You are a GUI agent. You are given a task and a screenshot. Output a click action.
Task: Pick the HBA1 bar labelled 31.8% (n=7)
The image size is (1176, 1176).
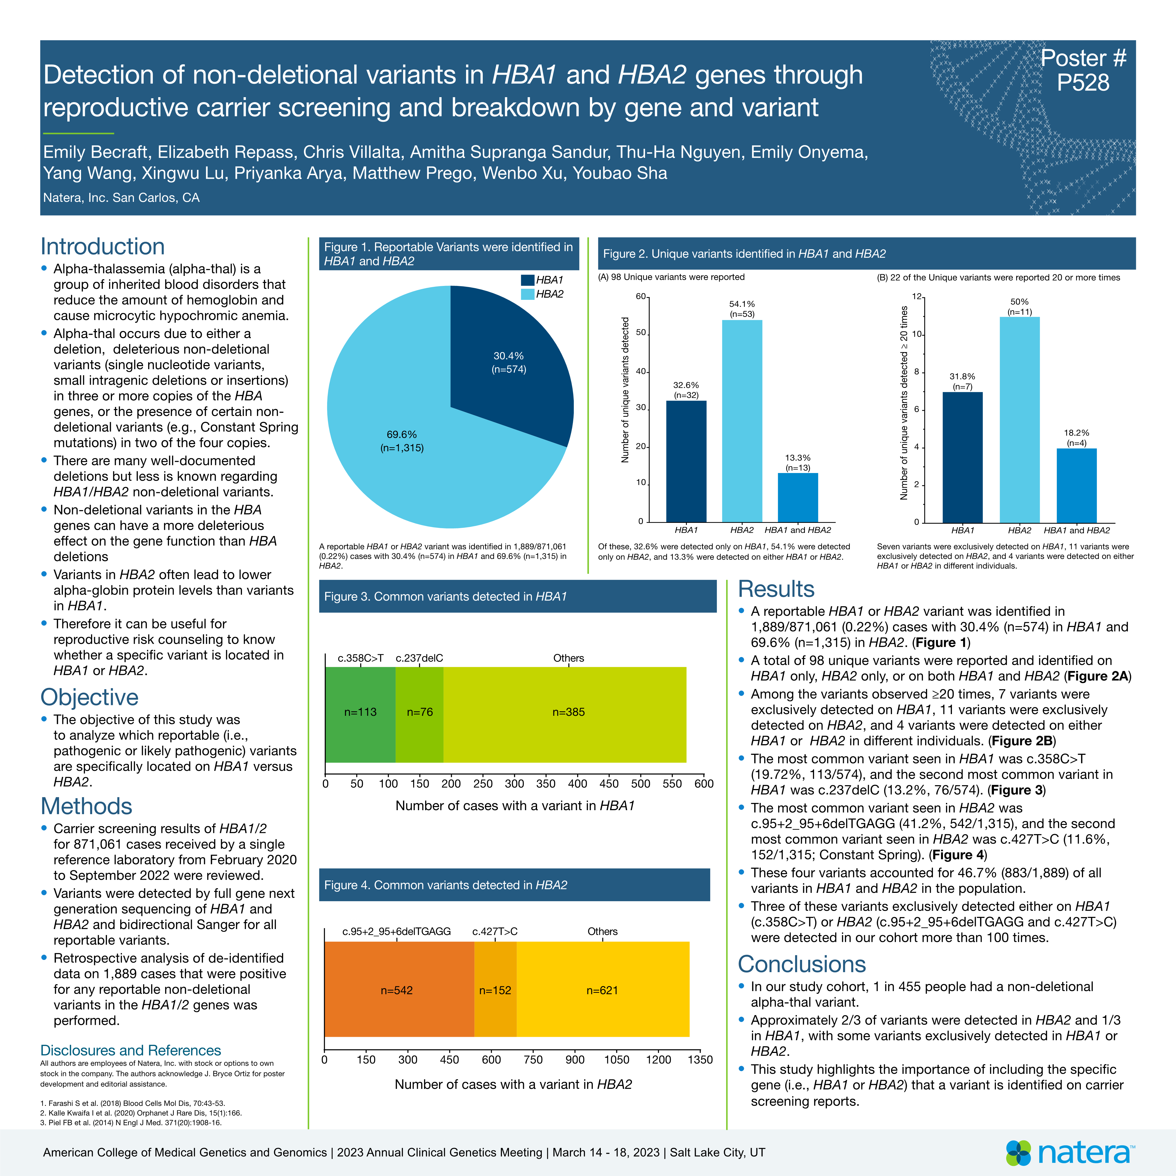[962, 457]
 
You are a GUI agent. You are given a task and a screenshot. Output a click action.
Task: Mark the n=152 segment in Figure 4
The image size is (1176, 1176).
[495, 989]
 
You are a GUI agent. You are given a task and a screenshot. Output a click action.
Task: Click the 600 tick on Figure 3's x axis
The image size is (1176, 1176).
[704, 784]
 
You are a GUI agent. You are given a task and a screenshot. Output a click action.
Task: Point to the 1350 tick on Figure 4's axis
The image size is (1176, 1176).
[700, 1060]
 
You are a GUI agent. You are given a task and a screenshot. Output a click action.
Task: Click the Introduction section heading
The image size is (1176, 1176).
[102, 246]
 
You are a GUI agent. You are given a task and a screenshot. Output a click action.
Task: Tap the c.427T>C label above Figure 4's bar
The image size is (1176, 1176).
[495, 931]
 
